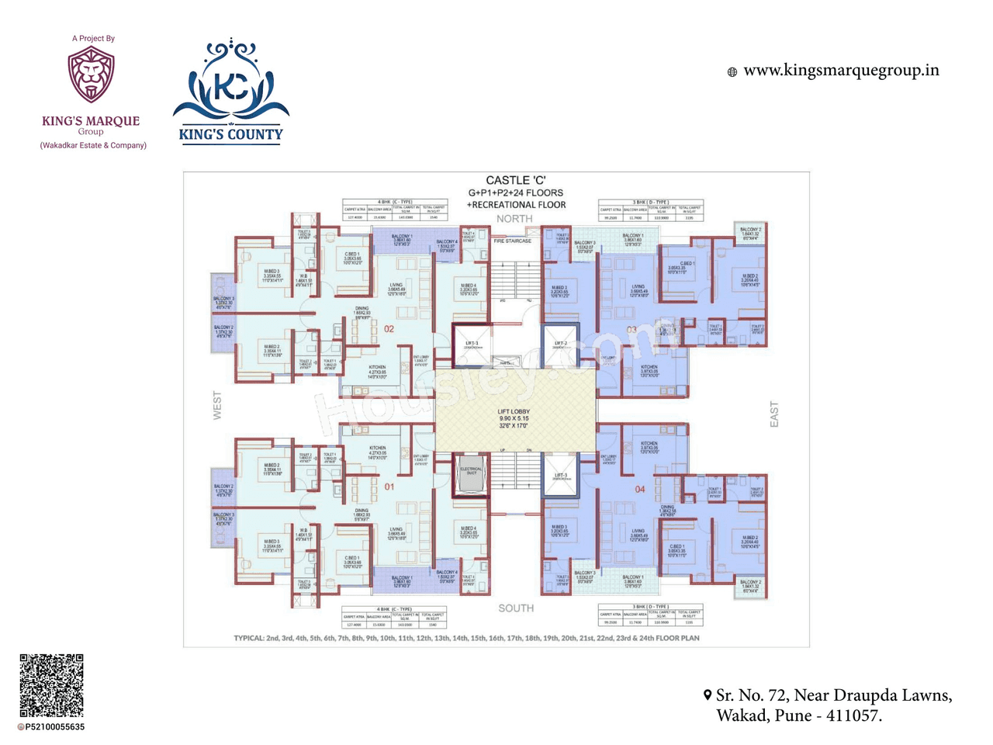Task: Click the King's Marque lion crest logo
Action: coord(91,74)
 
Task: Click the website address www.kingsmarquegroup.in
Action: coord(841,71)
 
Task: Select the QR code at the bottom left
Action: coord(51,685)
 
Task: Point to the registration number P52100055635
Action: coord(54,727)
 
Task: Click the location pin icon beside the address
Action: coord(708,695)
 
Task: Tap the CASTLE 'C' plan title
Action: coord(516,180)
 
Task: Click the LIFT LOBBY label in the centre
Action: coord(514,412)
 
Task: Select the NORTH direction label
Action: coord(514,219)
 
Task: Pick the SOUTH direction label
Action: coord(516,608)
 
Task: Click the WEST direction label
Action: coord(217,406)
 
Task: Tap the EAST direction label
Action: coord(773,414)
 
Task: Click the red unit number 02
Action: coord(389,329)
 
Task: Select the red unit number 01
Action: coord(389,487)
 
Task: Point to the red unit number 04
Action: coord(640,489)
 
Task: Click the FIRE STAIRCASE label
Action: coord(513,241)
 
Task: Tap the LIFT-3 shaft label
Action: coord(561,476)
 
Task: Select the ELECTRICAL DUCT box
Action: coord(471,471)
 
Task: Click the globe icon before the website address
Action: coord(732,72)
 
